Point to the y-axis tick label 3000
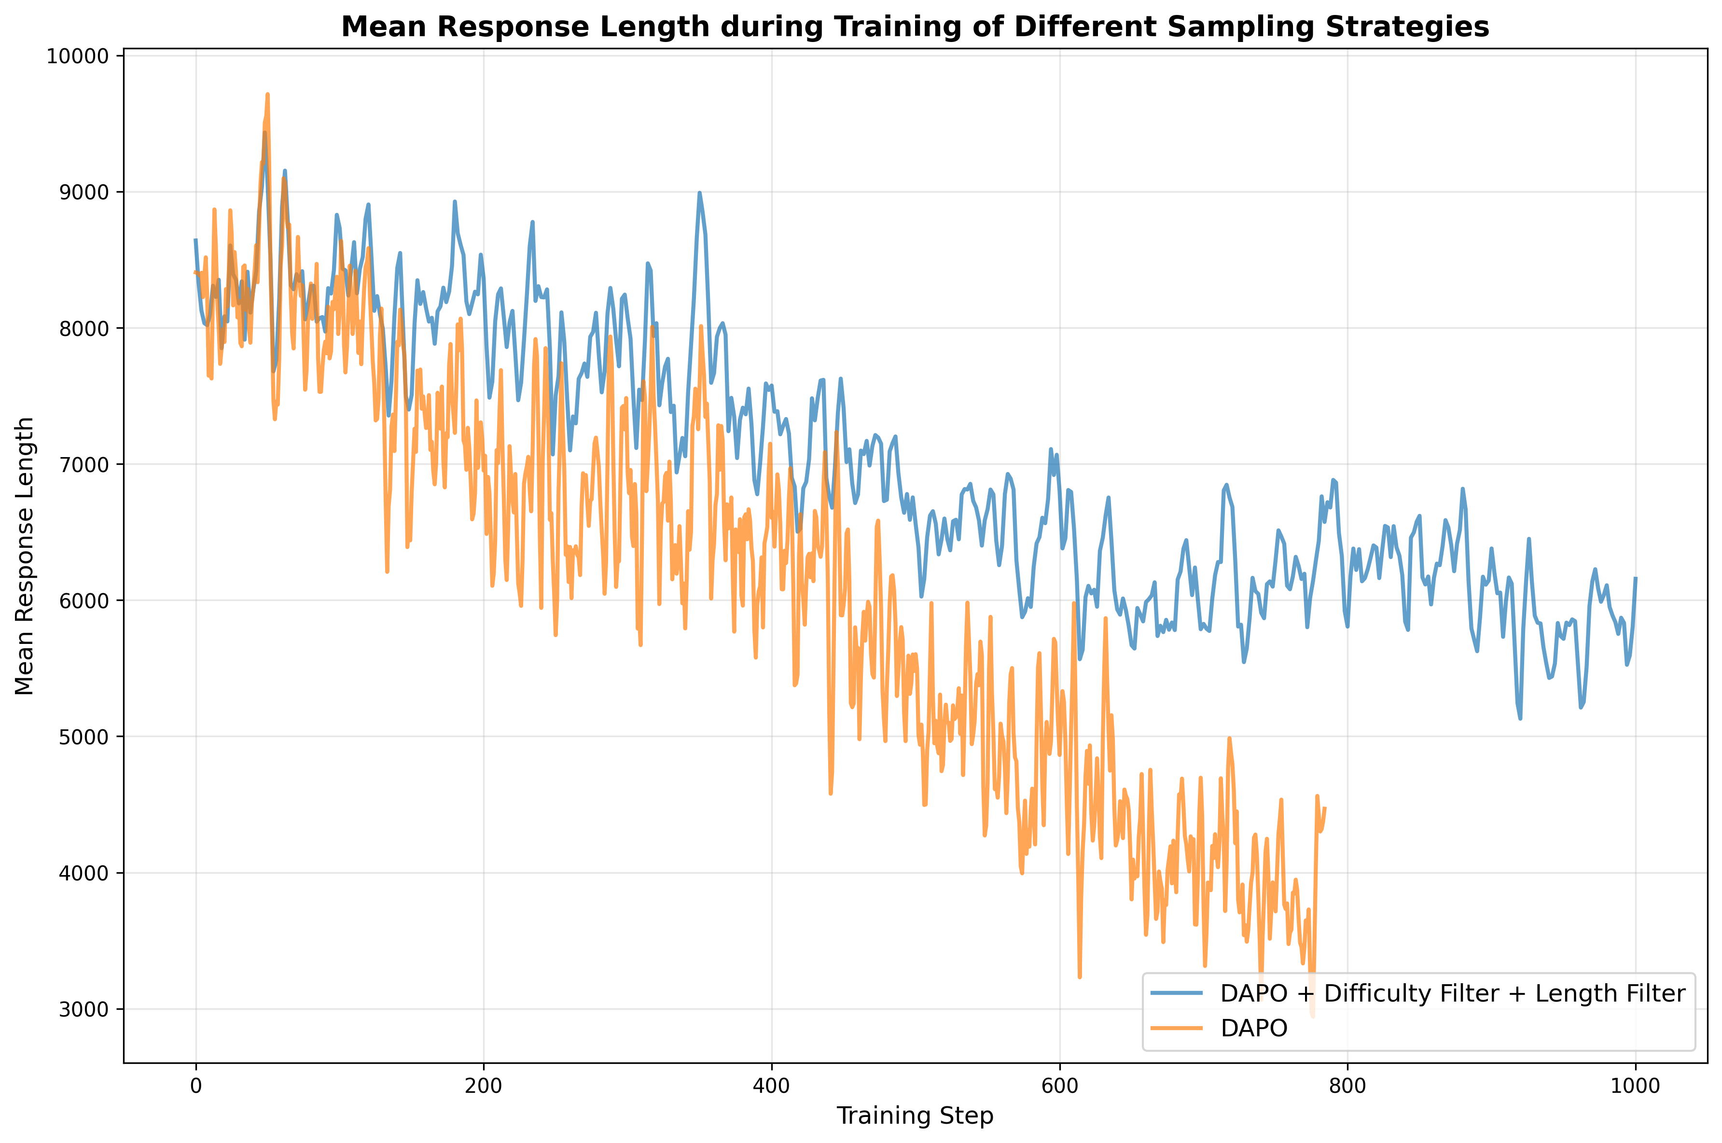tap(83, 1010)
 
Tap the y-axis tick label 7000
tap(83, 465)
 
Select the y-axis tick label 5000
tap(83, 737)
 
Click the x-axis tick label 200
tap(483, 1086)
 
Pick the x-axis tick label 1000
tap(1635, 1086)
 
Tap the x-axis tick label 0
tap(195, 1086)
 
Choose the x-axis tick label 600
tap(1059, 1086)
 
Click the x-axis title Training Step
tap(915, 1116)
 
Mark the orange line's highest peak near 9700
tap(267, 94)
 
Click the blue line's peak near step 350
tap(699, 193)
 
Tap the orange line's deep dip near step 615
tap(1079, 977)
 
